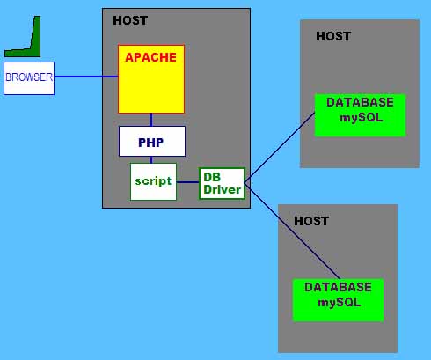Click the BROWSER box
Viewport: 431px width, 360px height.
29,78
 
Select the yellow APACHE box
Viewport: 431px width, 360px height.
151,79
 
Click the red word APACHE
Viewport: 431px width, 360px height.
150,57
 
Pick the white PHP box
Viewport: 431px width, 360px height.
152,142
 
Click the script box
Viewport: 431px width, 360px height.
153,181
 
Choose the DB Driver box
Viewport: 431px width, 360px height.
222,183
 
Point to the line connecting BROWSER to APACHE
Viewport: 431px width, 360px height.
86,77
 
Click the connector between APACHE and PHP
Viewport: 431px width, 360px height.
151,120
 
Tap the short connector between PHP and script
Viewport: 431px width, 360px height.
151,160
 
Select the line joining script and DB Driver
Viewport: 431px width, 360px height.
188,182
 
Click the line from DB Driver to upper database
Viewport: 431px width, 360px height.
280,145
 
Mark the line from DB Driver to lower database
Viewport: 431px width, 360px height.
292,231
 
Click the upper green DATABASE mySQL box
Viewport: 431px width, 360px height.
360,115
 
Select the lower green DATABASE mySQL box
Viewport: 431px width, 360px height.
338,300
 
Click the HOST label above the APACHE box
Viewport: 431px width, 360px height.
130,20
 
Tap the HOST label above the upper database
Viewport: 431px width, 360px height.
333,36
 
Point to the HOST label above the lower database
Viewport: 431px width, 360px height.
311,221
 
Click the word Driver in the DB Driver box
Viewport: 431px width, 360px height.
223,189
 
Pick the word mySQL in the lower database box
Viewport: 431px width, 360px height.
340,303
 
